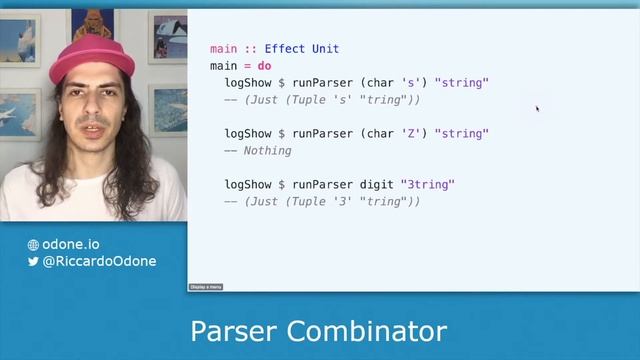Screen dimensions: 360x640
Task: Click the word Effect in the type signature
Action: [284, 49]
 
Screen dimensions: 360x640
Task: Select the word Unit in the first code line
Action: [325, 49]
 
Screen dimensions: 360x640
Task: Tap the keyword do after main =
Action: [265, 66]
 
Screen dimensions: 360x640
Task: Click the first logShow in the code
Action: [250, 83]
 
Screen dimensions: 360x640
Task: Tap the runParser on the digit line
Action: [321, 185]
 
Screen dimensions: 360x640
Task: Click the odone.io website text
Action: [71, 244]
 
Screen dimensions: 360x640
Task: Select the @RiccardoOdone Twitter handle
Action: [99, 262]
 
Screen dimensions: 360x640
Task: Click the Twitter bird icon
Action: [33, 262]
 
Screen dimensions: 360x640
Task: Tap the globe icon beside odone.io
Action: [33, 245]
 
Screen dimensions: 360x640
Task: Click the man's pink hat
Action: [91, 60]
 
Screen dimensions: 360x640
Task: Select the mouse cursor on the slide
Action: [537, 108]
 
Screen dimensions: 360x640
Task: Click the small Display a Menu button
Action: [206, 287]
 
